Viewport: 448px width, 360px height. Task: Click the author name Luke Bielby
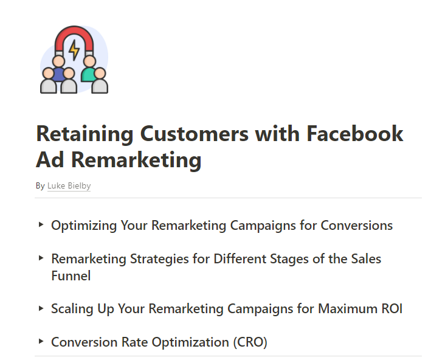(69, 186)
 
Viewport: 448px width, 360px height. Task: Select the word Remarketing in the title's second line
(137, 160)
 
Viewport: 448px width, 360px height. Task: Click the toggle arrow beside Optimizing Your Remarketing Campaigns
(41, 225)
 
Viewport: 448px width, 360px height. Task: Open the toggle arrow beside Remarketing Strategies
(41, 258)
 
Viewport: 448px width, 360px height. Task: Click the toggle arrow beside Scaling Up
(41, 308)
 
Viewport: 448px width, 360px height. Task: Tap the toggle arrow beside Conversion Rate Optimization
(41, 342)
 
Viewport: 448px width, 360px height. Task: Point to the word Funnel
(71, 276)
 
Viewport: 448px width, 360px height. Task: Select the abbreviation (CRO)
(250, 342)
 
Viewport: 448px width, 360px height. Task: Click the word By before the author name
(40, 186)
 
